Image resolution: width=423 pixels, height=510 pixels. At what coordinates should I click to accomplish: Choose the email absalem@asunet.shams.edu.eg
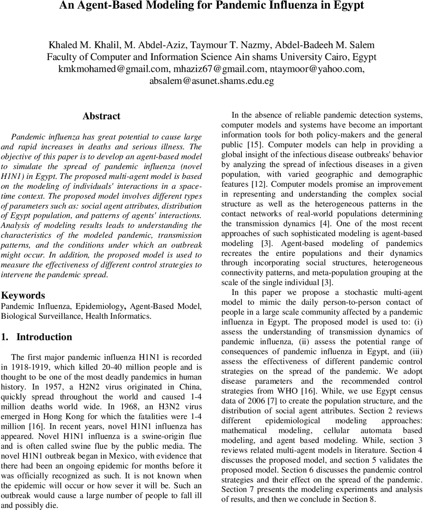click(211, 81)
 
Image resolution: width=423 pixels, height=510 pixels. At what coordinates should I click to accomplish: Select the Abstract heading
click(101, 116)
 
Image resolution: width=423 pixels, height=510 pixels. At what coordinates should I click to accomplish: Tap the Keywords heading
click(23, 295)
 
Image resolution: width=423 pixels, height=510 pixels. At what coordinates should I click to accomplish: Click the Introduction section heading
click(44, 337)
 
